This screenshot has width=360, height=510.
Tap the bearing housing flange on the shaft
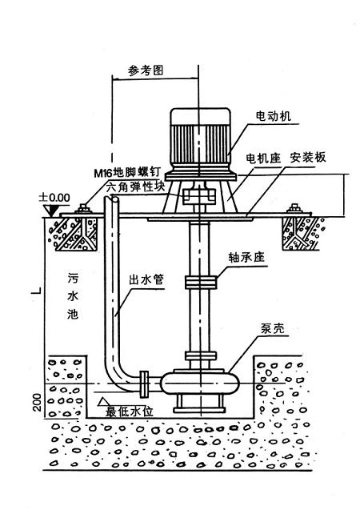199,282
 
